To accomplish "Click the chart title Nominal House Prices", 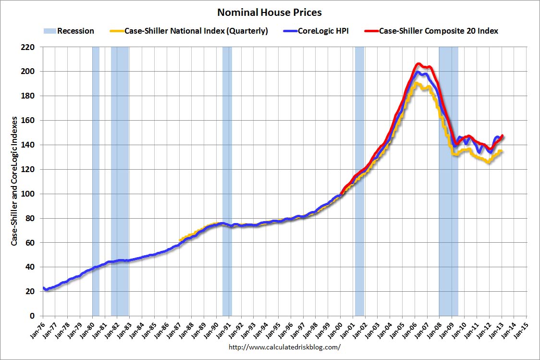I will pyautogui.click(x=270, y=12).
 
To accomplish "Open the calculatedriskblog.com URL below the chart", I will pyautogui.click(x=284, y=347).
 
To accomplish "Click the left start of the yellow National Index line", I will pyautogui.click(x=180, y=240).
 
